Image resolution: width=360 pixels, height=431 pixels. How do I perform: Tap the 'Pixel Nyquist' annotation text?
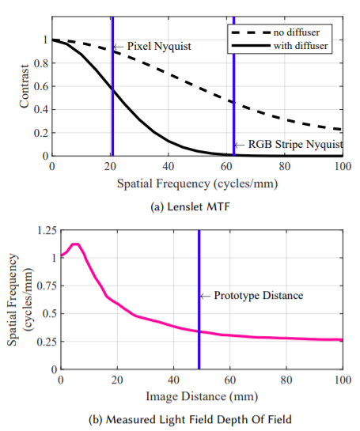coord(159,46)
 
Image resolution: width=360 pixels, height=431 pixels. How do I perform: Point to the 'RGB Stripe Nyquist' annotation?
coord(296,144)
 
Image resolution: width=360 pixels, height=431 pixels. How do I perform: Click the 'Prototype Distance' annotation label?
coord(259,296)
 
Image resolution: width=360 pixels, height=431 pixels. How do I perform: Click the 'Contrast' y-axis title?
coord(25,86)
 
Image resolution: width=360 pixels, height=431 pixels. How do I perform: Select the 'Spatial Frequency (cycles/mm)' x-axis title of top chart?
coord(198,183)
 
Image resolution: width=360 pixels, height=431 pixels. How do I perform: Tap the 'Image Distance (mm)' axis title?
coord(202,397)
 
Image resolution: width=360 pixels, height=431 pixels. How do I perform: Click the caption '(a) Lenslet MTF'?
coord(191,206)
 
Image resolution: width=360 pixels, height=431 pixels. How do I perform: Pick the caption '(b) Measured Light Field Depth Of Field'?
coord(191,420)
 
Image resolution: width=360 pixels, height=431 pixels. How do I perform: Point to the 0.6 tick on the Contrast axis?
coord(40,86)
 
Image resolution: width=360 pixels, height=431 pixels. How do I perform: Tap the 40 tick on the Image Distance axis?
coord(173,380)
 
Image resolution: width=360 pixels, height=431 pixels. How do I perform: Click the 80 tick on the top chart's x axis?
coord(285,167)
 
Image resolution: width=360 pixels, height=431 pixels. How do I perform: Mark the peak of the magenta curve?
coord(76,244)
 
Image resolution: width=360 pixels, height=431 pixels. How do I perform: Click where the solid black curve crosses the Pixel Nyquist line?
coord(113,90)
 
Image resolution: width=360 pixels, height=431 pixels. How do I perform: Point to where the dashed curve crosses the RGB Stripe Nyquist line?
coord(233,103)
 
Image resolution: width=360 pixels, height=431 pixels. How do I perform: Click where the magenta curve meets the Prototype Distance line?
coord(199,332)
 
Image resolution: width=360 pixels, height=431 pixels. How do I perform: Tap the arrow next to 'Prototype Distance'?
coord(205,296)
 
